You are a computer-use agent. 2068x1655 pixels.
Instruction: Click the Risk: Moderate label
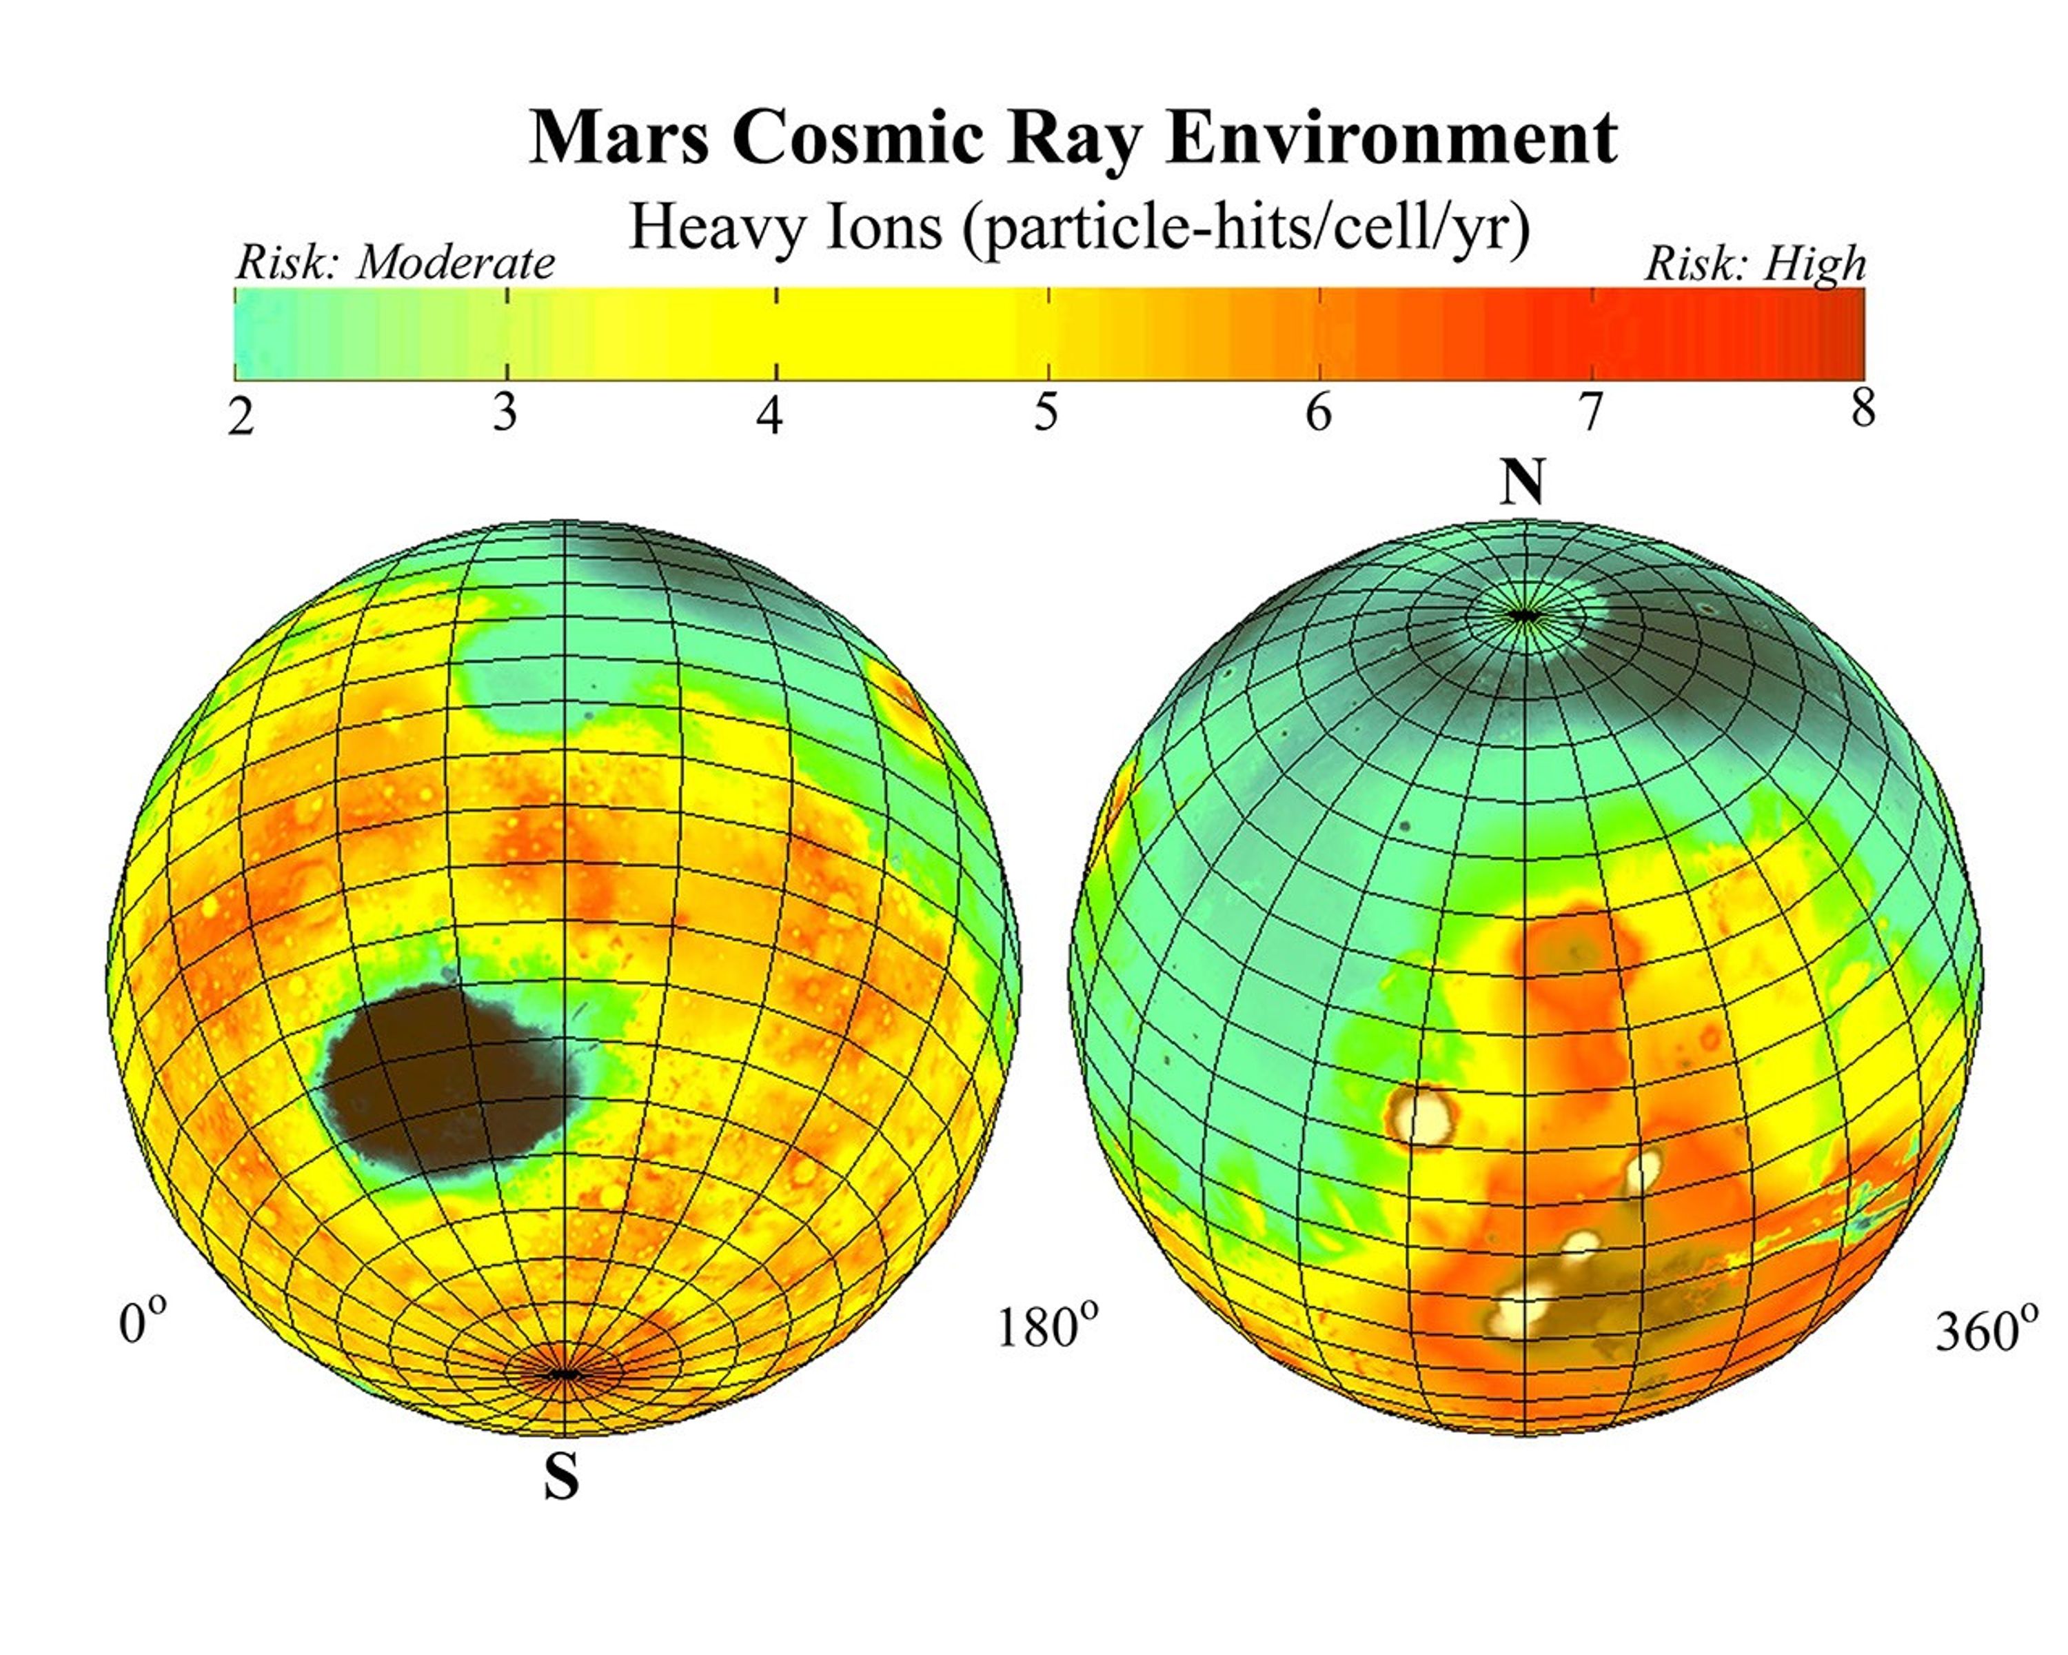(x=395, y=262)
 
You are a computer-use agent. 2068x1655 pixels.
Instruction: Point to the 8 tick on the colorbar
(x=1862, y=410)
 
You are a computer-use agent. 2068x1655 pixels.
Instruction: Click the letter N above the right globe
(x=1522, y=483)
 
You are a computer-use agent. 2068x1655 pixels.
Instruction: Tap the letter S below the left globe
(x=562, y=1478)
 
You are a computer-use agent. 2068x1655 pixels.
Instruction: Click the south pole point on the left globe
(x=564, y=1374)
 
